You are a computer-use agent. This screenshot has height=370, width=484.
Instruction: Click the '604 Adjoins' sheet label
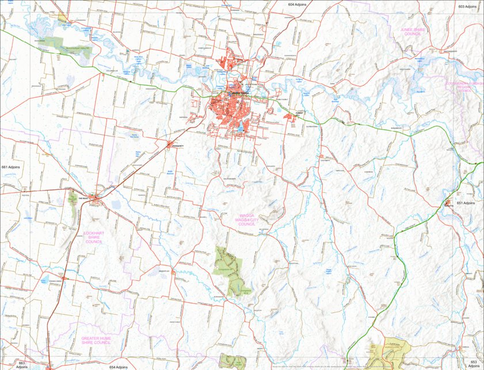297,4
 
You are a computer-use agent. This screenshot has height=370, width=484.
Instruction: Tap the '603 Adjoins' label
467,6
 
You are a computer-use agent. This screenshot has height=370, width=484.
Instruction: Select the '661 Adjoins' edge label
10,167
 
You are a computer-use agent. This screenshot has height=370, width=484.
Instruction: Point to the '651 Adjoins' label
466,203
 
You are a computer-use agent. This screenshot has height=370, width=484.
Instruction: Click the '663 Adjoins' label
22,365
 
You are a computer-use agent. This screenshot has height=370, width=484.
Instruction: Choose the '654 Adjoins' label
120,367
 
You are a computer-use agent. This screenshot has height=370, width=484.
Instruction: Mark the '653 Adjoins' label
474,364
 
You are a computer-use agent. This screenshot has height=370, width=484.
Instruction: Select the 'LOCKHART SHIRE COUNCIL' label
93,237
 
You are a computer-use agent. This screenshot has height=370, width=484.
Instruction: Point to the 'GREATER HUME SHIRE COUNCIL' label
96,340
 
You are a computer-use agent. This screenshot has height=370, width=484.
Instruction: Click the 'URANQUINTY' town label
178,147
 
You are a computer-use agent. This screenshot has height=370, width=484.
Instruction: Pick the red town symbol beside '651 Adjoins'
448,203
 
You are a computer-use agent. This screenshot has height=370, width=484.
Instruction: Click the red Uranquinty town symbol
169,144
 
